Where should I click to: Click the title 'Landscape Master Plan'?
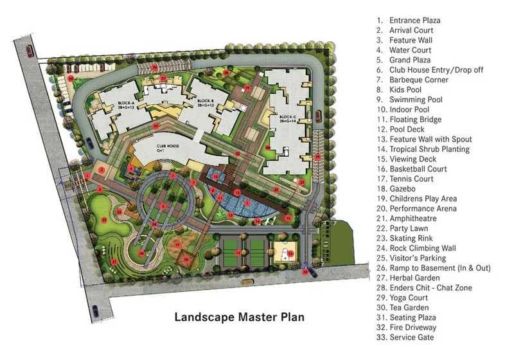(240, 316)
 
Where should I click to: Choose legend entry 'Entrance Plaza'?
(414, 21)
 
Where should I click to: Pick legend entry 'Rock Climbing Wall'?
(422, 248)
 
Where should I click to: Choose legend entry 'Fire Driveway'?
(416, 327)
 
